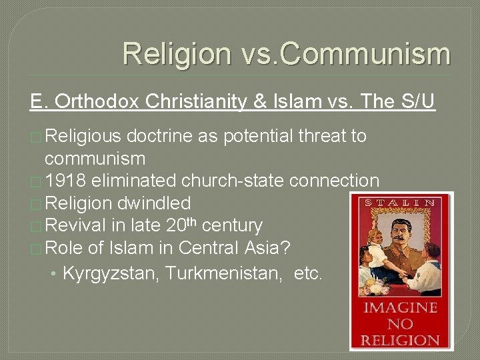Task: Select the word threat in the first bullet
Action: pos(319,136)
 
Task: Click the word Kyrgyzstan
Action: pos(110,272)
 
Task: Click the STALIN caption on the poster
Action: pos(401,203)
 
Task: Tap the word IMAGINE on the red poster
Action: pos(401,308)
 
